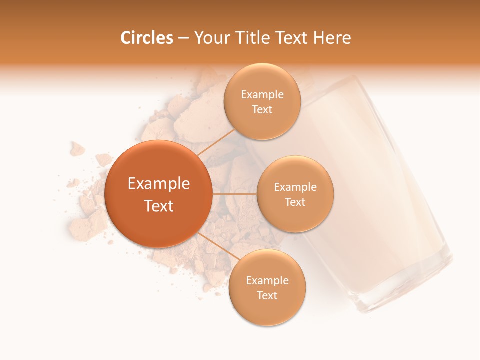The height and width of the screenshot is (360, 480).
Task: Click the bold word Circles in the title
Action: click(147, 38)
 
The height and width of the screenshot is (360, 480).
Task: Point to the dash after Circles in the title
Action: click(183, 38)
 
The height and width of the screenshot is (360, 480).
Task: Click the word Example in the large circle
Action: click(159, 184)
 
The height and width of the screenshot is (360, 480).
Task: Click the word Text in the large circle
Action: click(159, 206)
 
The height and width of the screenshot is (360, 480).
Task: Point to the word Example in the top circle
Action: click(262, 95)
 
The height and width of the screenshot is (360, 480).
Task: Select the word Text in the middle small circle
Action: click(295, 202)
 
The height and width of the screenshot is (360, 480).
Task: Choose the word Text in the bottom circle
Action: click(267, 296)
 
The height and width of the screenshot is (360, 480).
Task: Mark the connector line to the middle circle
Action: click(234, 194)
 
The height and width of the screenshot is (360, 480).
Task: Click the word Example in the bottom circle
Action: click(267, 281)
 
